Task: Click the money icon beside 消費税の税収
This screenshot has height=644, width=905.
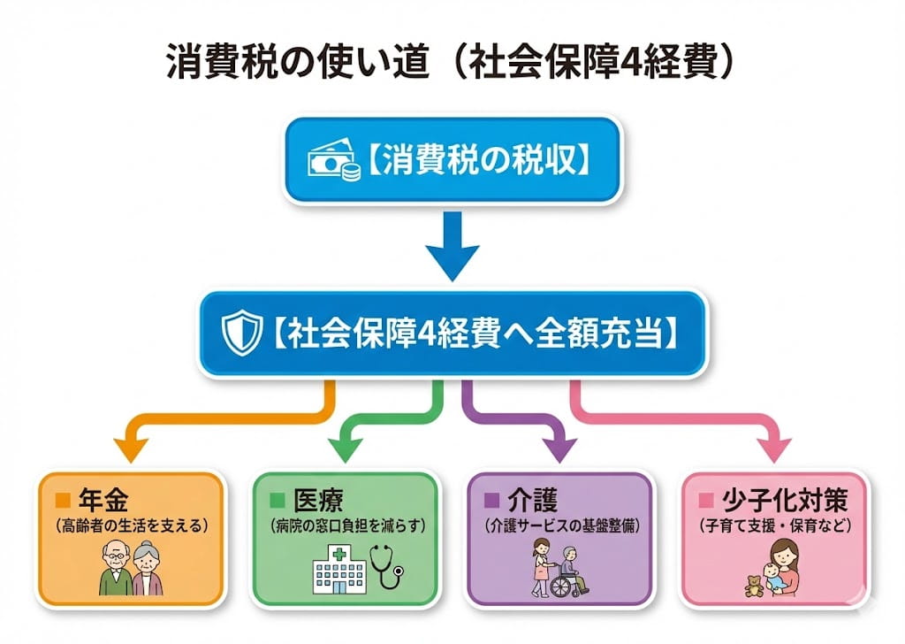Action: pos(335,163)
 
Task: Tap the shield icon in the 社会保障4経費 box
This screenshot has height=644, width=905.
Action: pos(241,335)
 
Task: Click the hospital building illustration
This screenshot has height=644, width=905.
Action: pos(339,571)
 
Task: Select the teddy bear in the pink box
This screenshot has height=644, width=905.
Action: pos(752,584)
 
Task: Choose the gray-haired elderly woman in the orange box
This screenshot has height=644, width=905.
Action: pos(148,572)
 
